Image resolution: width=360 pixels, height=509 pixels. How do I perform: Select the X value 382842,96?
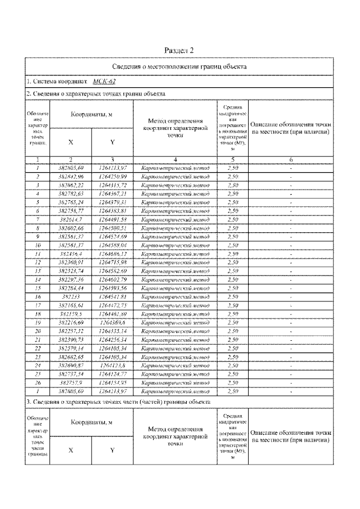click(70, 177)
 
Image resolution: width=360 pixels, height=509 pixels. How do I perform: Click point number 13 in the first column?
click(37, 271)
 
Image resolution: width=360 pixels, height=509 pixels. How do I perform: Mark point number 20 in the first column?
click(37, 332)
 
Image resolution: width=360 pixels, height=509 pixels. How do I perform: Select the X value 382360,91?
click(70, 263)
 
